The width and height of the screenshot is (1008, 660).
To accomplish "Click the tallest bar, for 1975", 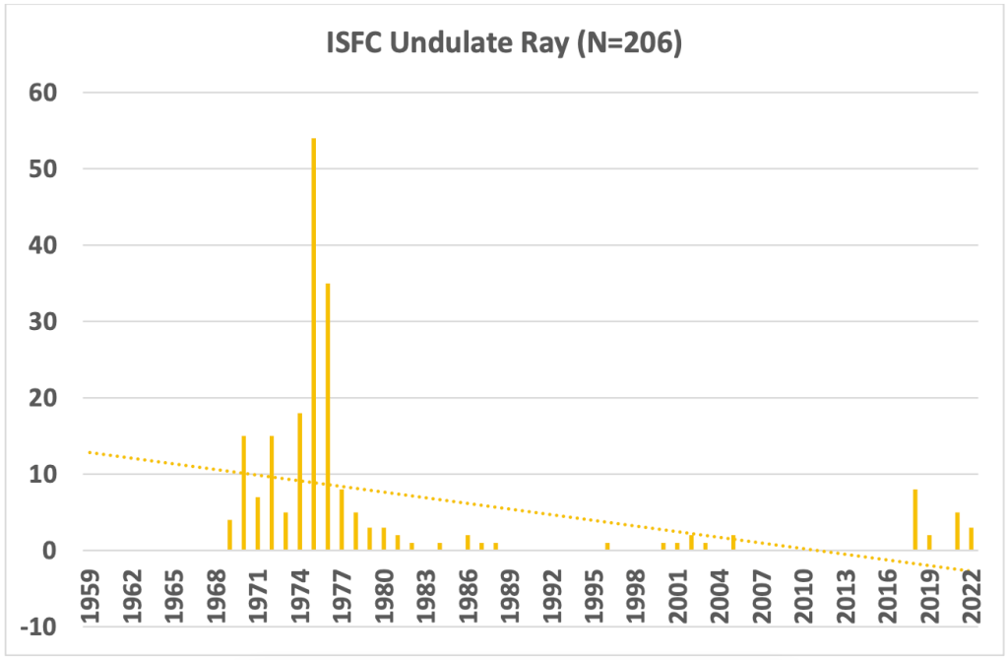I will click(x=313, y=345).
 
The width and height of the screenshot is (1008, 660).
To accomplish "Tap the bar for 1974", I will click(x=299, y=482).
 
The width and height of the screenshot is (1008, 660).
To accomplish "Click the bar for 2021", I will click(x=957, y=532).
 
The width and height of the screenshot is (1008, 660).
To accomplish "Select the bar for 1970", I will click(x=243, y=493).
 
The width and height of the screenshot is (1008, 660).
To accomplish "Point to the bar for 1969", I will click(x=229, y=535).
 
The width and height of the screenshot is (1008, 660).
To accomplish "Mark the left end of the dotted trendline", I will click(x=90, y=451).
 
